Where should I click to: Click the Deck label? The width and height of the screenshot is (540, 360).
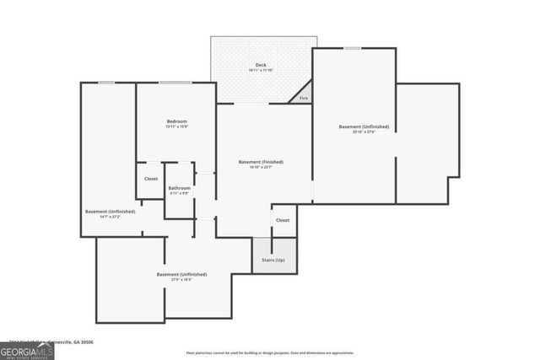tap(261, 65)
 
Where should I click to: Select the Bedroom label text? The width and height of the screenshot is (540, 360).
tap(176, 121)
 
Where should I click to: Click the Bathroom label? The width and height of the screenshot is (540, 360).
tap(179, 188)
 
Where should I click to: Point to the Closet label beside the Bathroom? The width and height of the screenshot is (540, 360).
tap(151, 179)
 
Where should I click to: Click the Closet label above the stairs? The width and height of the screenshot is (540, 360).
tap(282, 220)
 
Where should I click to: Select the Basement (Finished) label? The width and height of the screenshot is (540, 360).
tap(261, 162)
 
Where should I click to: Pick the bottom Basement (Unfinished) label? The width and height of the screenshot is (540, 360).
tap(181, 274)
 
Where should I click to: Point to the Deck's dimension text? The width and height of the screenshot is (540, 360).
tap(261, 71)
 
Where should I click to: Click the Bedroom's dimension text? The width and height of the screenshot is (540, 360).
tap(176, 127)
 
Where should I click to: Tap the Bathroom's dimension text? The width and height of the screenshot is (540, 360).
tap(179, 194)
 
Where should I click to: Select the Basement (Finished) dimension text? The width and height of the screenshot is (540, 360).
tap(261, 168)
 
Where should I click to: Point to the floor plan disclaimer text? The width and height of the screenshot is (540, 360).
tap(270, 352)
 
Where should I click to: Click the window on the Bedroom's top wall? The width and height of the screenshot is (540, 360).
tap(175, 82)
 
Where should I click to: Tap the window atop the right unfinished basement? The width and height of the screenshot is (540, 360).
tap(352, 48)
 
